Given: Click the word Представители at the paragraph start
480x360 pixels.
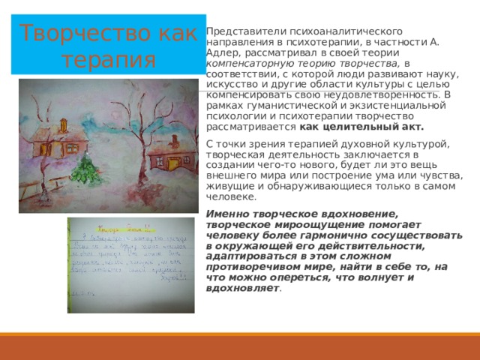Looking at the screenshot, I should click(239, 31).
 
